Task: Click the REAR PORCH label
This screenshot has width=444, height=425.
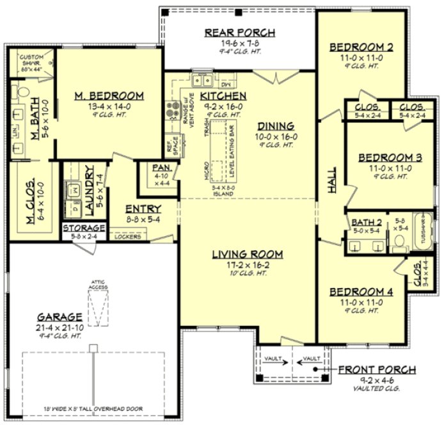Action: tap(239, 33)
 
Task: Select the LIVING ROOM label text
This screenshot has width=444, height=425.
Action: tap(248, 254)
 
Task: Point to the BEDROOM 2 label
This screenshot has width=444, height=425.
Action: tap(361, 47)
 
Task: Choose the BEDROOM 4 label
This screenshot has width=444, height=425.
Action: tap(361, 292)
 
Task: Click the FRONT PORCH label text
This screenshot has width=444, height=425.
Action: tap(377, 370)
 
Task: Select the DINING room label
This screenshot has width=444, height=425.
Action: tap(276, 125)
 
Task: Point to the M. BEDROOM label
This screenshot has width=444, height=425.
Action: tap(108, 95)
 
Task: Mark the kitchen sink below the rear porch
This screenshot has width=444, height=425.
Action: tap(204, 81)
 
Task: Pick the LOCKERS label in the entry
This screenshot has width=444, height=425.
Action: tap(127, 237)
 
